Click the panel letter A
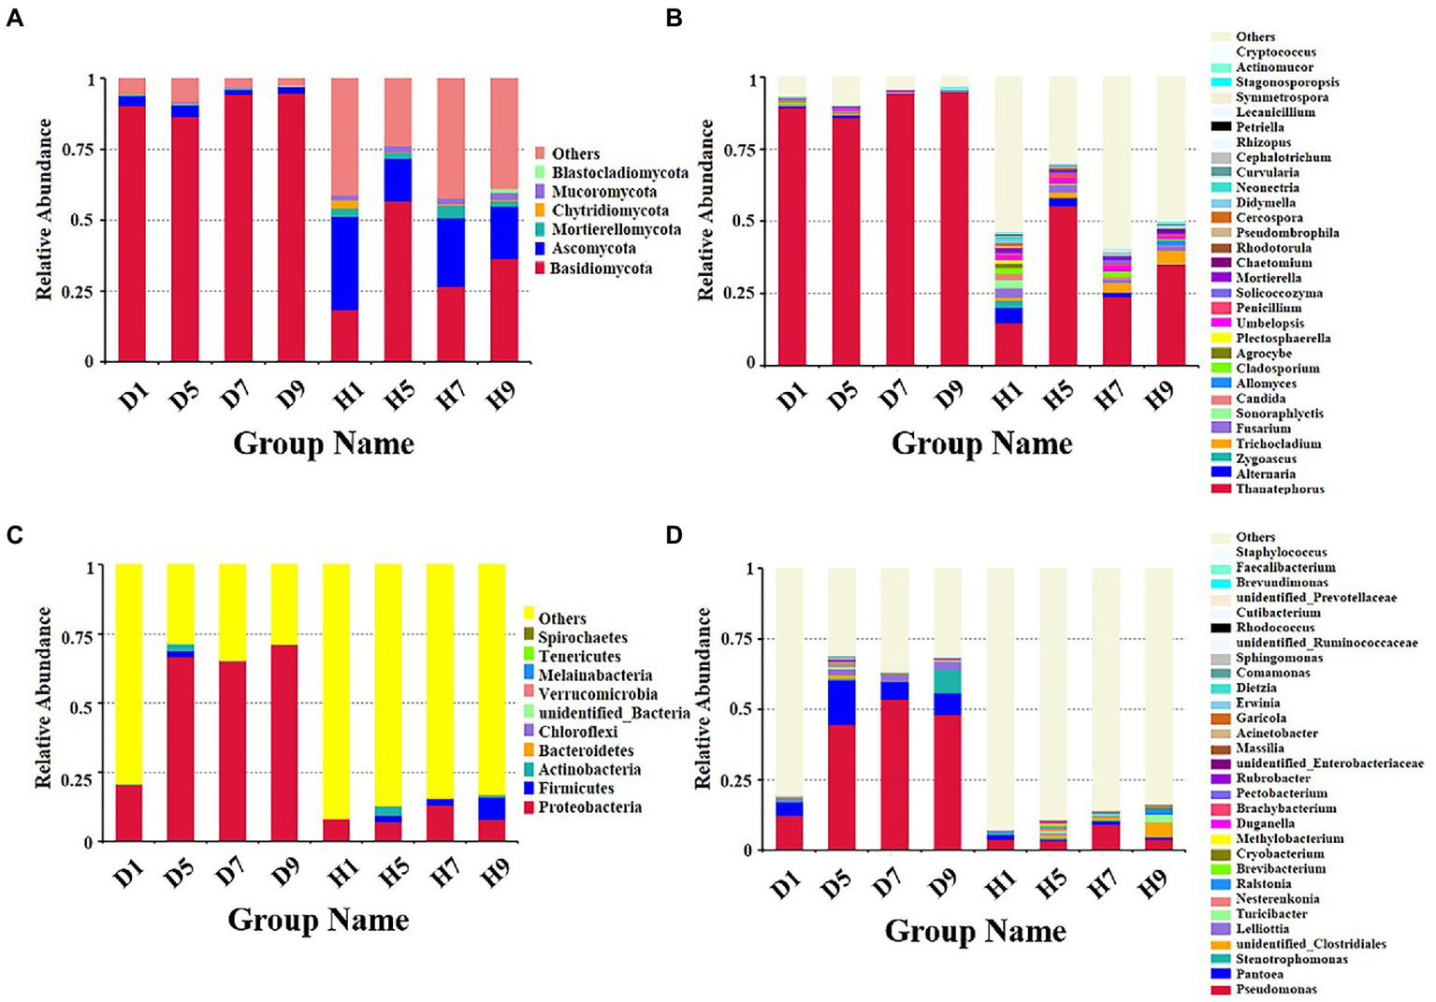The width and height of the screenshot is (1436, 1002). click(14, 18)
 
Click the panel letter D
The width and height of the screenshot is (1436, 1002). click(674, 534)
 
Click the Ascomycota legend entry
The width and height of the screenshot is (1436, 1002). click(593, 249)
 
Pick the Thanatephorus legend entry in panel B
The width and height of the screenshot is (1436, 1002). click(1279, 488)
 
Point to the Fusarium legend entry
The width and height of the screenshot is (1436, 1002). click(1262, 428)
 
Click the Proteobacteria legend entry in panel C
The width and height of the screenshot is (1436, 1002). click(589, 807)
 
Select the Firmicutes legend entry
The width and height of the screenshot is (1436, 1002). click(575, 788)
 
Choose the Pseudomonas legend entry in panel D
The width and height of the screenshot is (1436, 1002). click(1275, 989)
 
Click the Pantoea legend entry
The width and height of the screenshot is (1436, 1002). click(1258, 974)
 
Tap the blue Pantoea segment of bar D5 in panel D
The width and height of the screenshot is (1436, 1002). click(841, 702)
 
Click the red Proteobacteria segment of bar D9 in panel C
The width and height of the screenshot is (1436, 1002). click(284, 743)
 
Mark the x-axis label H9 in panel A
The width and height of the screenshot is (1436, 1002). click(501, 397)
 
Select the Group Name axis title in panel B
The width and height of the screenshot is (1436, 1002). click(981, 443)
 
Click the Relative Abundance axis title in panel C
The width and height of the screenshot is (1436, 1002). click(43, 698)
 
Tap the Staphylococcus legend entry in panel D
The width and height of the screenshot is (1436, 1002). click(1280, 552)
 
